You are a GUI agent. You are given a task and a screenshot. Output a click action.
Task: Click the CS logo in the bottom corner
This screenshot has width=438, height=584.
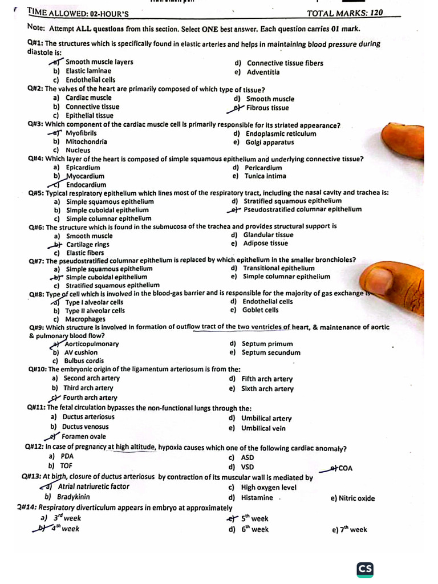coord(366,569)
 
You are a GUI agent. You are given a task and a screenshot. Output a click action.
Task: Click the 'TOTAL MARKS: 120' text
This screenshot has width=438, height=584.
coord(353,13)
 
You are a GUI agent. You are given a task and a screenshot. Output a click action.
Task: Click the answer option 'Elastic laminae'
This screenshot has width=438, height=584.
coord(88,71)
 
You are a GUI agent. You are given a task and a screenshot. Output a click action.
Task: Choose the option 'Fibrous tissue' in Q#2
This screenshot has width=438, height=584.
coord(267,108)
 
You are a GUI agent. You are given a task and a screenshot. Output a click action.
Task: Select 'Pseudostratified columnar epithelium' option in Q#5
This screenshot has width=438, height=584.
coord(302,209)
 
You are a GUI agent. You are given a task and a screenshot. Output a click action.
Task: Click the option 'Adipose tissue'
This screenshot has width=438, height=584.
coord(265,244)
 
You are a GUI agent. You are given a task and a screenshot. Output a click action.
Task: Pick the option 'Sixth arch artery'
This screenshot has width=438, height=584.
coord(267,389)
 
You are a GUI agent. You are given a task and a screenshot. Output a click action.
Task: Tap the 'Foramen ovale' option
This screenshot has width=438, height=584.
coord(84,436)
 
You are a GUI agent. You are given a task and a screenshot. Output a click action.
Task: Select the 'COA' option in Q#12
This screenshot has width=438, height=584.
coord(345,469)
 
